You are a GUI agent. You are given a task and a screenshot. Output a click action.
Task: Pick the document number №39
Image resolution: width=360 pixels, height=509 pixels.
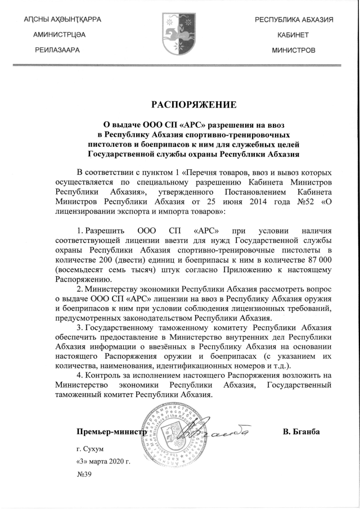pos(84,474)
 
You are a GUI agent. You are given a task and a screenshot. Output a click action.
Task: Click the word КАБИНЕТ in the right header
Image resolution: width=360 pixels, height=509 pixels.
pos(294,35)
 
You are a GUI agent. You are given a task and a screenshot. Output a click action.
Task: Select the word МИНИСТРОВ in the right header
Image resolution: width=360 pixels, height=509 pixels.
pos(294,50)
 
